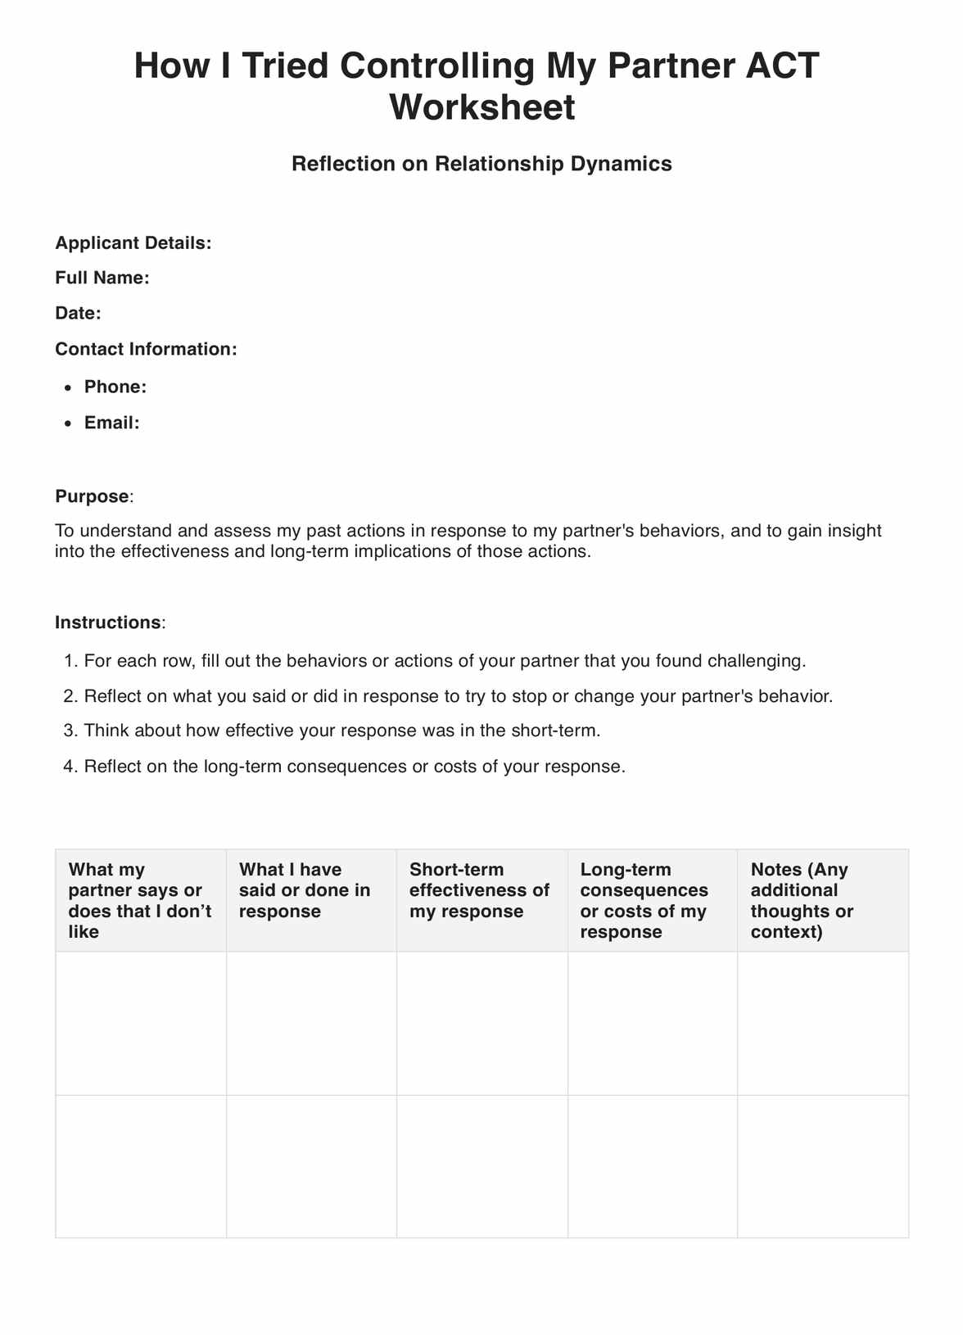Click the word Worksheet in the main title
(481, 107)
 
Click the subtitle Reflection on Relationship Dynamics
(481, 164)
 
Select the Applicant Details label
(133, 243)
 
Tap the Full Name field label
(102, 278)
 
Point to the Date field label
(78, 313)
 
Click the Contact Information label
(146, 349)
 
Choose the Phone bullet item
(115, 387)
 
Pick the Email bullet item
(112, 423)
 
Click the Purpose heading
(92, 496)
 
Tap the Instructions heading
(108, 622)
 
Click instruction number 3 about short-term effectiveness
(342, 731)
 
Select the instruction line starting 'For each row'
(445, 660)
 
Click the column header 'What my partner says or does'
(140, 900)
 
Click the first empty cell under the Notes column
(823, 1023)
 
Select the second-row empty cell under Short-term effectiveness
(481, 1166)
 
